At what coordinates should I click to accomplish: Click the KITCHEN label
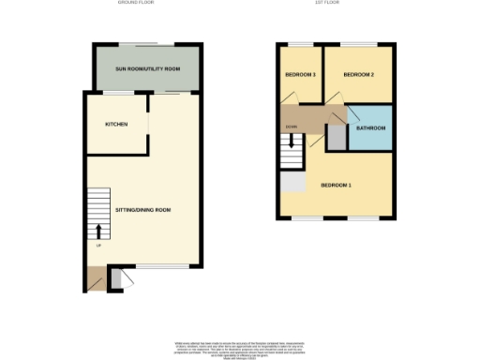pyautogui.click(x=116, y=124)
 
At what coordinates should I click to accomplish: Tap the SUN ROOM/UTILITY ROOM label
pyautogui.click(x=147, y=70)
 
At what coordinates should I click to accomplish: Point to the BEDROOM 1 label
pyautogui.click(x=336, y=185)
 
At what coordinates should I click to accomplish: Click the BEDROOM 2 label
pyautogui.click(x=359, y=74)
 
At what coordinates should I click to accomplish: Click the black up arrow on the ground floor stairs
pyautogui.click(x=100, y=230)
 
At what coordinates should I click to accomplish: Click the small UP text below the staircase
pyautogui.click(x=98, y=246)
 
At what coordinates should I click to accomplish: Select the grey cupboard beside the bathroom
pyautogui.click(x=336, y=137)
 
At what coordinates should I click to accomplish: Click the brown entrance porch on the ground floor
pyautogui.click(x=96, y=278)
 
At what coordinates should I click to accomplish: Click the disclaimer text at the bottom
pyautogui.click(x=241, y=342)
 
